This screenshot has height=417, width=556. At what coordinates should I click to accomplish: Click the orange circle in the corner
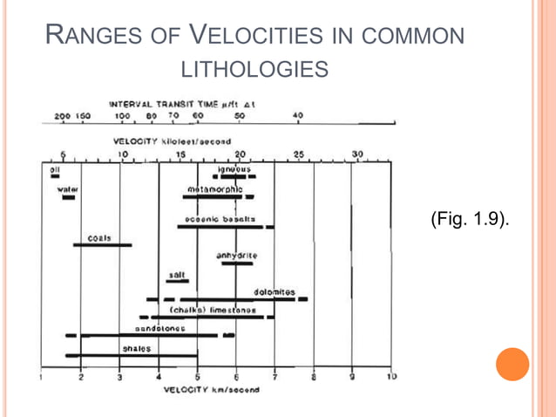click(x=512, y=364)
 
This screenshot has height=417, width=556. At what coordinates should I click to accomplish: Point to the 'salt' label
click(x=177, y=275)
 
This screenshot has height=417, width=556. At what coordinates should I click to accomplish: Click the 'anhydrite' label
click(x=236, y=256)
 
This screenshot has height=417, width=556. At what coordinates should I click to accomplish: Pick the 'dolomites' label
click(x=275, y=291)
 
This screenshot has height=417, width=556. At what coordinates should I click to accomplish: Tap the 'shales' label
click(x=136, y=348)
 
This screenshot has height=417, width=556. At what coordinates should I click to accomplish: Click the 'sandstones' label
click(x=159, y=328)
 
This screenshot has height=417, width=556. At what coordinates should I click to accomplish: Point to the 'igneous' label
click(x=234, y=169)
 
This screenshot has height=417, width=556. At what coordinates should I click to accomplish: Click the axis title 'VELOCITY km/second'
click(x=211, y=390)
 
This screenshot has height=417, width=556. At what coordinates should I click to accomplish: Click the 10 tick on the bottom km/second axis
click(x=391, y=377)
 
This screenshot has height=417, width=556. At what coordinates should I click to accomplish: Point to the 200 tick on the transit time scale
click(x=63, y=116)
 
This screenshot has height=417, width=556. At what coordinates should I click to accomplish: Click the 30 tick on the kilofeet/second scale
click(x=357, y=154)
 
